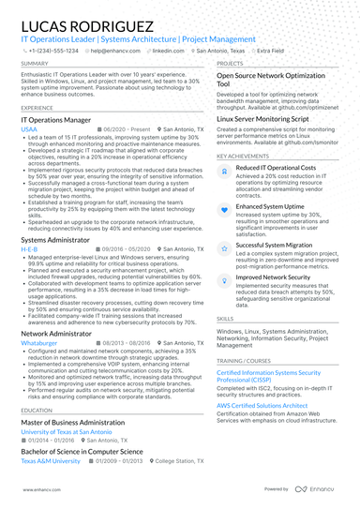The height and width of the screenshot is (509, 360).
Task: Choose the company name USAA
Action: [x=30, y=130]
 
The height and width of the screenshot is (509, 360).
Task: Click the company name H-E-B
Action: [x=30, y=249]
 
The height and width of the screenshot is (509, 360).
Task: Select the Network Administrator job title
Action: [x=56, y=333]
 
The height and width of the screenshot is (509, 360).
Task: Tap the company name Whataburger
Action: [x=39, y=343]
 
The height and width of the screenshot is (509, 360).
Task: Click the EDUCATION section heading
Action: [x=36, y=410]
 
